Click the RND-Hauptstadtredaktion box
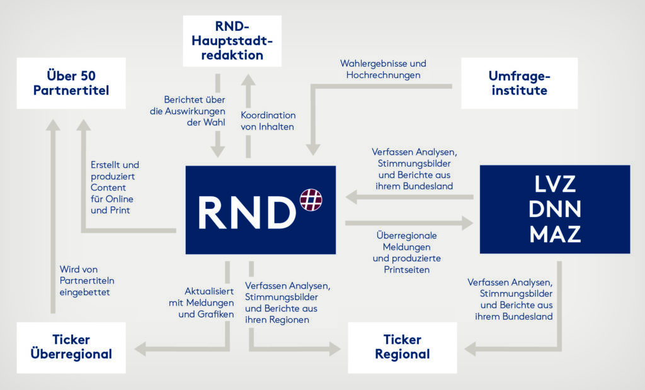[x=232, y=41]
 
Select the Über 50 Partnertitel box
[x=71, y=83]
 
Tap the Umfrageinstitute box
[x=520, y=83]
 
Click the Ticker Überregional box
[x=71, y=347]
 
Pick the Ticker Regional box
[x=402, y=347]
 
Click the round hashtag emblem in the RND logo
[x=311, y=200]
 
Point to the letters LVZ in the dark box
[x=555, y=184]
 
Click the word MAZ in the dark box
[x=555, y=234]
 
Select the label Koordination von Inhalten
[x=268, y=121]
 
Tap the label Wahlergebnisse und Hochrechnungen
[x=383, y=69]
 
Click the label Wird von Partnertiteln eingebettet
[x=87, y=281]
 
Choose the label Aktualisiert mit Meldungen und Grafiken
[x=201, y=303]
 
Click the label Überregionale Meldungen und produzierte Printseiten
[x=406, y=253]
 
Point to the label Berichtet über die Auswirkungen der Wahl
[x=188, y=111]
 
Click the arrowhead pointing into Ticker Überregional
[x=140, y=349]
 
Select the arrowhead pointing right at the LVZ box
[x=467, y=223]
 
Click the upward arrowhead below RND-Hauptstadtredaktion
[x=248, y=80]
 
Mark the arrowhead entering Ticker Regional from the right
[x=470, y=349]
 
